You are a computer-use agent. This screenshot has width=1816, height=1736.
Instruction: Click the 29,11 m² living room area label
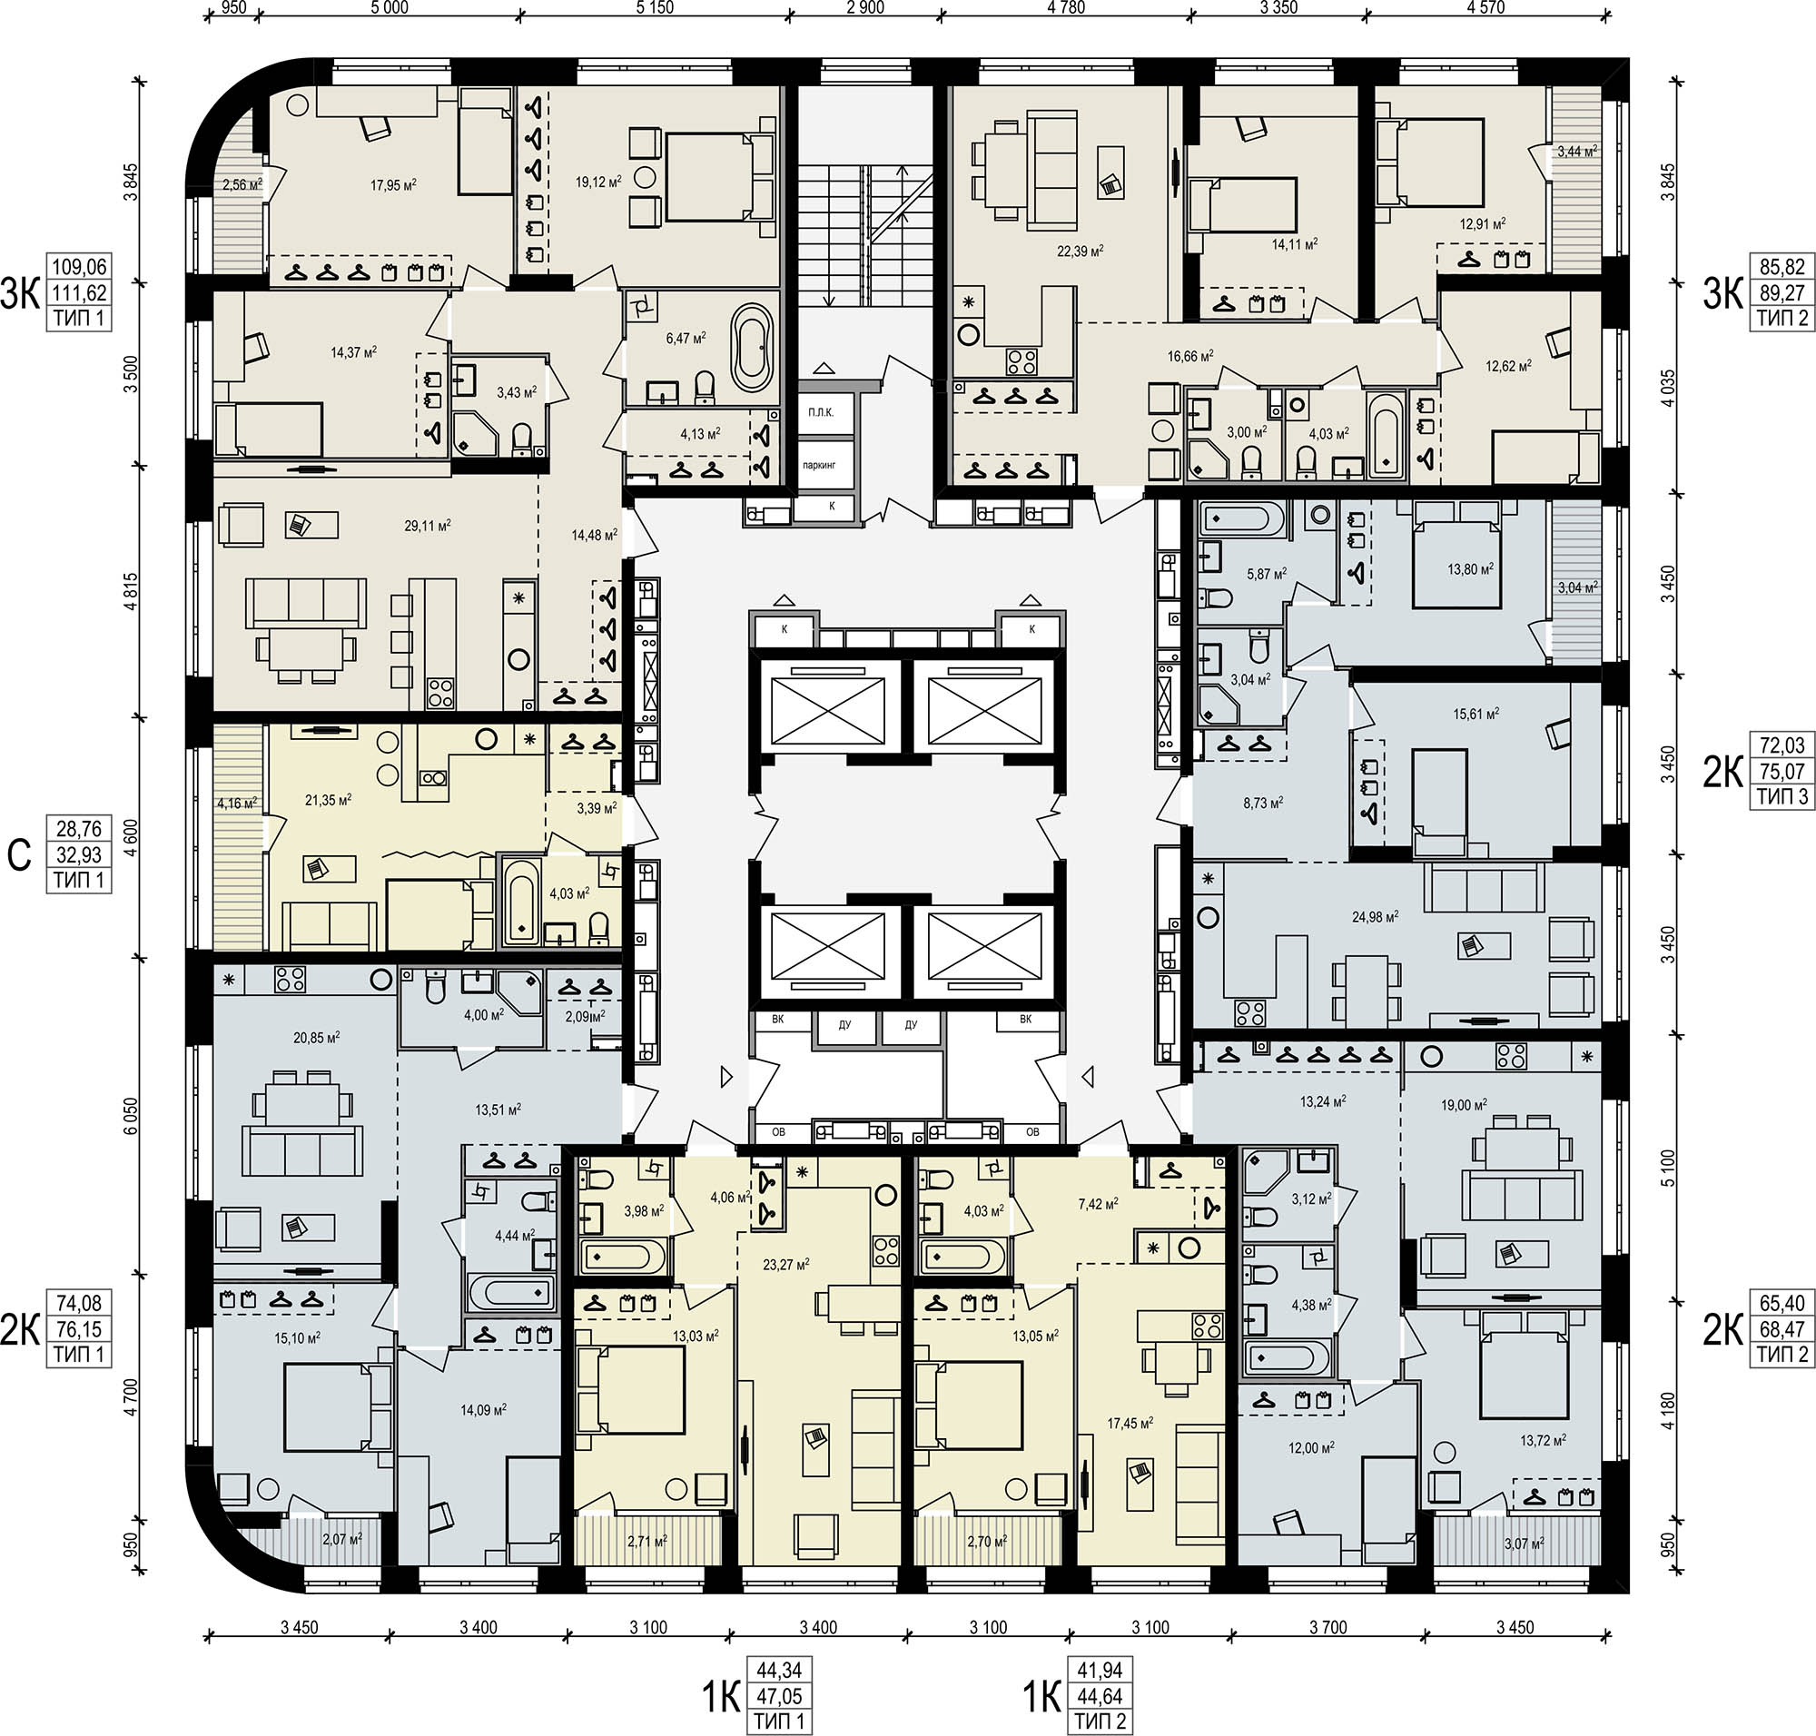pyautogui.click(x=428, y=526)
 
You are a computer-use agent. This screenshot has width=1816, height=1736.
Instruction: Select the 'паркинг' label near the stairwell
pyautogui.click(x=819, y=465)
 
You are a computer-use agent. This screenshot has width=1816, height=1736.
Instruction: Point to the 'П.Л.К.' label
pyautogui.click(x=821, y=412)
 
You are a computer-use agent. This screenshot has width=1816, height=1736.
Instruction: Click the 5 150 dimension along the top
pyautogui.click(x=655, y=8)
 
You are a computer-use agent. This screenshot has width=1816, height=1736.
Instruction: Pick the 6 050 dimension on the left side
pyautogui.click(x=131, y=1117)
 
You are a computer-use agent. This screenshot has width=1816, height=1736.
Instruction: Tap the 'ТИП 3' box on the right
pyautogui.click(x=1782, y=796)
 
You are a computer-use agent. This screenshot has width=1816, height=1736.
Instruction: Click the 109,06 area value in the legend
pyautogui.click(x=79, y=268)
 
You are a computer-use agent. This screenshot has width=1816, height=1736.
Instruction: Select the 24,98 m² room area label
pyautogui.click(x=1376, y=916)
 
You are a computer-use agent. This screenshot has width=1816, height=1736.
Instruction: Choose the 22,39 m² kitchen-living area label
pyautogui.click(x=1081, y=251)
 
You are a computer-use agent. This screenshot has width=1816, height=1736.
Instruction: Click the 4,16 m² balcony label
pyautogui.click(x=237, y=804)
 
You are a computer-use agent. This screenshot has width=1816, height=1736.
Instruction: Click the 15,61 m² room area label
pyautogui.click(x=1476, y=714)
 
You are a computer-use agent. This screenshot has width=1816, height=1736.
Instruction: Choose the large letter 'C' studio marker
pyautogui.click(x=19, y=856)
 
